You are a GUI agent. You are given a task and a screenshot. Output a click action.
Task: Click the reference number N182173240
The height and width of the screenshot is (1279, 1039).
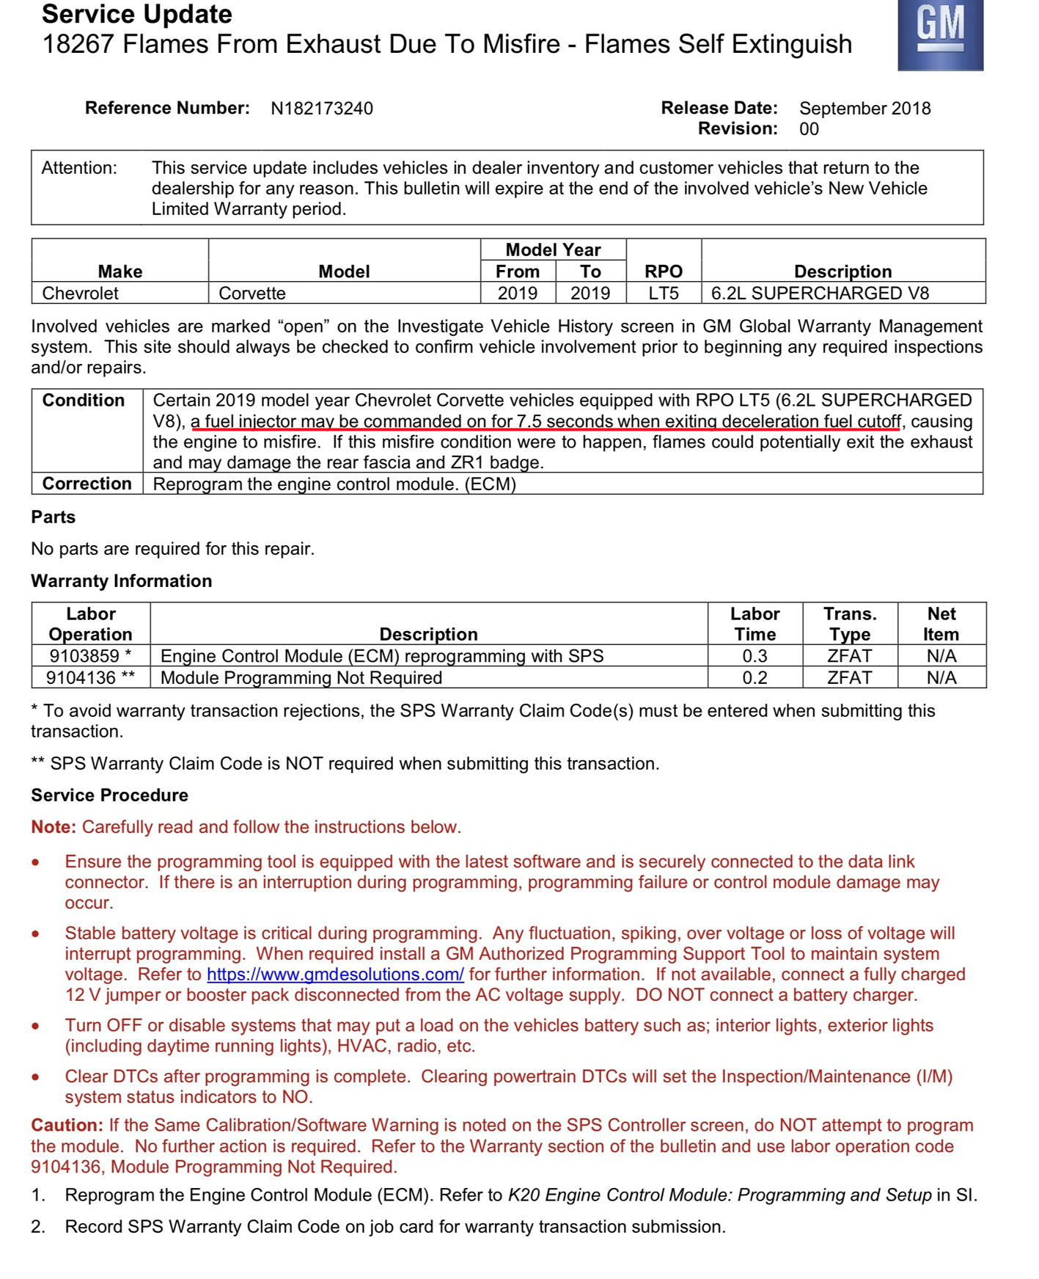coord(321,109)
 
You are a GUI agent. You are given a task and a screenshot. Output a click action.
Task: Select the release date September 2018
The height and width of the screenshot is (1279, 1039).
coord(864,109)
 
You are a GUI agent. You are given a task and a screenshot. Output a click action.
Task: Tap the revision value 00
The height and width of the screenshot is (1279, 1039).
coord(809,129)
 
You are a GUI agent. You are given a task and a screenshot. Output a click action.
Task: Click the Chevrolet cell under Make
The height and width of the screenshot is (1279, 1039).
coord(81,294)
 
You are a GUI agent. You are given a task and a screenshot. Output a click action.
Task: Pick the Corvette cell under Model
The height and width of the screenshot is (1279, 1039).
coord(252,294)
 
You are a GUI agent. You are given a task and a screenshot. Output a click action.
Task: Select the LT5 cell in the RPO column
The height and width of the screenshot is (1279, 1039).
coord(663,294)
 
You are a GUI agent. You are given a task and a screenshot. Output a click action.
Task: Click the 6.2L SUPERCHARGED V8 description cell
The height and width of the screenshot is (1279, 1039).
coord(820,294)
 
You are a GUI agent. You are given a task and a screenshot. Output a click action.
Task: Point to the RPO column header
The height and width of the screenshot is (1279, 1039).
coord(663,272)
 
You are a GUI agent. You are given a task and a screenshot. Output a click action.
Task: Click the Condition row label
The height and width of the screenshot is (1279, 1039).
coord(84,401)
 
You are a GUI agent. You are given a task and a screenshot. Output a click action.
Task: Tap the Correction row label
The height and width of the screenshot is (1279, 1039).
coord(87,484)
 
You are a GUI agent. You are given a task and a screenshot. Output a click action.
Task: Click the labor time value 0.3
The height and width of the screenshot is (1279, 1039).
coord(755,656)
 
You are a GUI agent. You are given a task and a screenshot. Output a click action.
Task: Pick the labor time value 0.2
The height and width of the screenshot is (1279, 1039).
coord(755,678)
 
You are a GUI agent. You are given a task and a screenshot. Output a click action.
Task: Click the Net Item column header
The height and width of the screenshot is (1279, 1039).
coord(941,624)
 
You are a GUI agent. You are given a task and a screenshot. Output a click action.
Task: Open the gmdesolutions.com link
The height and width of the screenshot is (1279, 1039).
coord(335,974)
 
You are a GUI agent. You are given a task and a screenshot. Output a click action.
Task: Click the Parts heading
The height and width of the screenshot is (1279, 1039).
coord(53,517)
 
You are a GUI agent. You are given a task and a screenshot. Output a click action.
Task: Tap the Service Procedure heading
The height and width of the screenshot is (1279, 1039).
coord(109,795)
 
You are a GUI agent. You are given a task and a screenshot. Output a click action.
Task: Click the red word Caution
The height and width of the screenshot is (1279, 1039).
coord(66,1126)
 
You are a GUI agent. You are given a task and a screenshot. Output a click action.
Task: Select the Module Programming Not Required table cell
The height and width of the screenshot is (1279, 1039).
coord(301,678)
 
